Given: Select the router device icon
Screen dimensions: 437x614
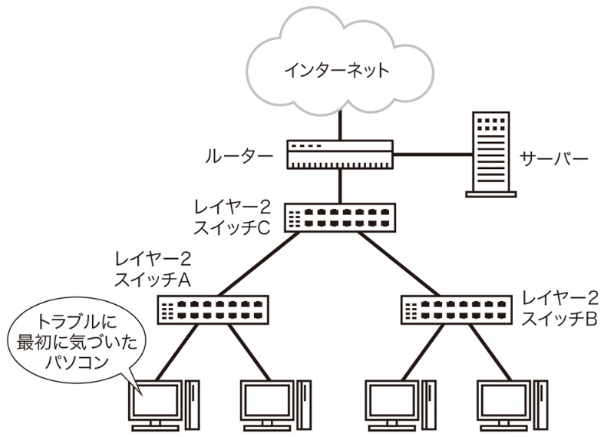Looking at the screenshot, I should pyautogui.click(x=340, y=154).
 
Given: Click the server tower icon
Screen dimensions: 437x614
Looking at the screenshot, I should pyautogui.click(x=490, y=154).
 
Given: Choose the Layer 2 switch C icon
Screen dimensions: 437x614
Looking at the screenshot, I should pyautogui.click(x=340, y=217).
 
